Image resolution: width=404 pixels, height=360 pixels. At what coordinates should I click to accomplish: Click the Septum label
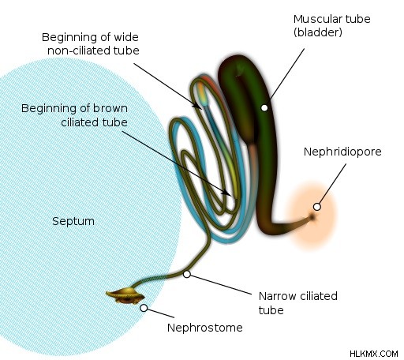(73, 221)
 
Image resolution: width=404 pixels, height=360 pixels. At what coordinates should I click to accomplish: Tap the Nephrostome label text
(205, 328)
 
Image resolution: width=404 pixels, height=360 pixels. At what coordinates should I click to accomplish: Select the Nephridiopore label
(342, 152)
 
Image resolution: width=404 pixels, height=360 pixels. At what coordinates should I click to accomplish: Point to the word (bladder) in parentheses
(318, 32)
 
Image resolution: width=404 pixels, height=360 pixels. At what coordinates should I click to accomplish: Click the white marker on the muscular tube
(264, 107)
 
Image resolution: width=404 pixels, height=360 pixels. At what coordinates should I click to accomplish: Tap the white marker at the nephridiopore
(317, 207)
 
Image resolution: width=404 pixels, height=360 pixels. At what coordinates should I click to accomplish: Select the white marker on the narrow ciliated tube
(187, 274)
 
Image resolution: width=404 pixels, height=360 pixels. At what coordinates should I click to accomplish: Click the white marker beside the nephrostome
(144, 308)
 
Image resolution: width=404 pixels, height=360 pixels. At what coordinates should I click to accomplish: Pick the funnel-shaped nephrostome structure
(125, 295)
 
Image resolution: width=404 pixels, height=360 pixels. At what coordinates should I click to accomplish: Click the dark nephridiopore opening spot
(312, 217)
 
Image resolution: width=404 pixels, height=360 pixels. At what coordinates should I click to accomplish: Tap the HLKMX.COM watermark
(374, 354)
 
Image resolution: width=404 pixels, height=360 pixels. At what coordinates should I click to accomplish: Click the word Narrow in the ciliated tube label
(277, 296)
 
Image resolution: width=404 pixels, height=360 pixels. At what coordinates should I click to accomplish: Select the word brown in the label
(110, 108)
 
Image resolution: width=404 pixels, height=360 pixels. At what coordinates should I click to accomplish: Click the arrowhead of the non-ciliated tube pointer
(199, 106)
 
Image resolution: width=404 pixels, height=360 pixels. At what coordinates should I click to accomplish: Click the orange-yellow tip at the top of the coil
(202, 92)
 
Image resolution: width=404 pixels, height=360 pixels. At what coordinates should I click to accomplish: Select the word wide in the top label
(126, 37)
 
